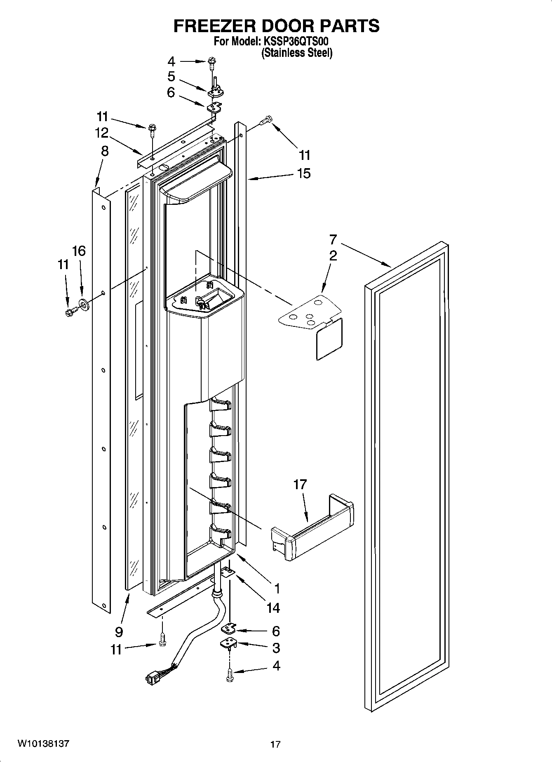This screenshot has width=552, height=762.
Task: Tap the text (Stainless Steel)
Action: (x=297, y=53)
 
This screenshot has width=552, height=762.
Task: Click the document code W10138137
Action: (x=43, y=744)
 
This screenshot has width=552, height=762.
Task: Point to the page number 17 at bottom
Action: (x=275, y=744)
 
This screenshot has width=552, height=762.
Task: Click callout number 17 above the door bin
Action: (x=300, y=484)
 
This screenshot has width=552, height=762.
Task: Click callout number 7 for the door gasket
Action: (x=333, y=239)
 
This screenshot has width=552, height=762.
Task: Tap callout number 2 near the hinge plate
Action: (x=333, y=256)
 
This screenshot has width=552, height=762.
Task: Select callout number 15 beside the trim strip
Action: (x=304, y=173)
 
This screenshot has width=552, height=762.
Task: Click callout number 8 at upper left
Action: (x=105, y=151)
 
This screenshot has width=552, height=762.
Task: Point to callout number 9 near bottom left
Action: (x=119, y=632)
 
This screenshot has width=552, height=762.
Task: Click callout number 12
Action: (x=101, y=133)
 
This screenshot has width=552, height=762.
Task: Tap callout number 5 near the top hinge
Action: (x=171, y=77)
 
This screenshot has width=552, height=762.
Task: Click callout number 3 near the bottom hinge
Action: (x=276, y=648)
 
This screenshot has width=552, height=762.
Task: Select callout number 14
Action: (x=273, y=607)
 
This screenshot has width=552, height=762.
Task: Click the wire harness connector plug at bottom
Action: (x=151, y=678)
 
